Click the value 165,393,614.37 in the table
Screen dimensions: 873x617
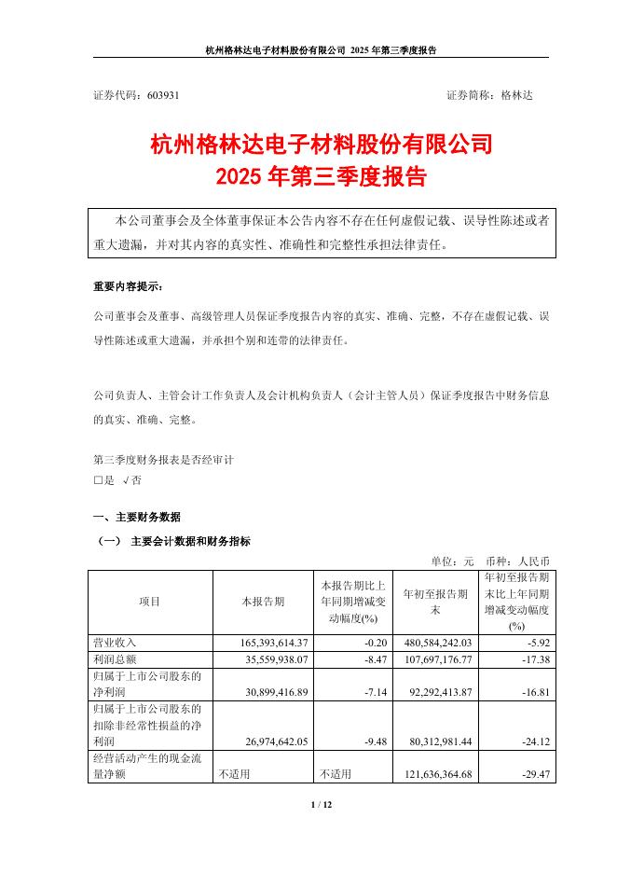point(267,643)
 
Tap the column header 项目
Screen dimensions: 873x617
point(150,602)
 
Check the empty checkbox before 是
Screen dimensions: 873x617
point(98,479)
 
